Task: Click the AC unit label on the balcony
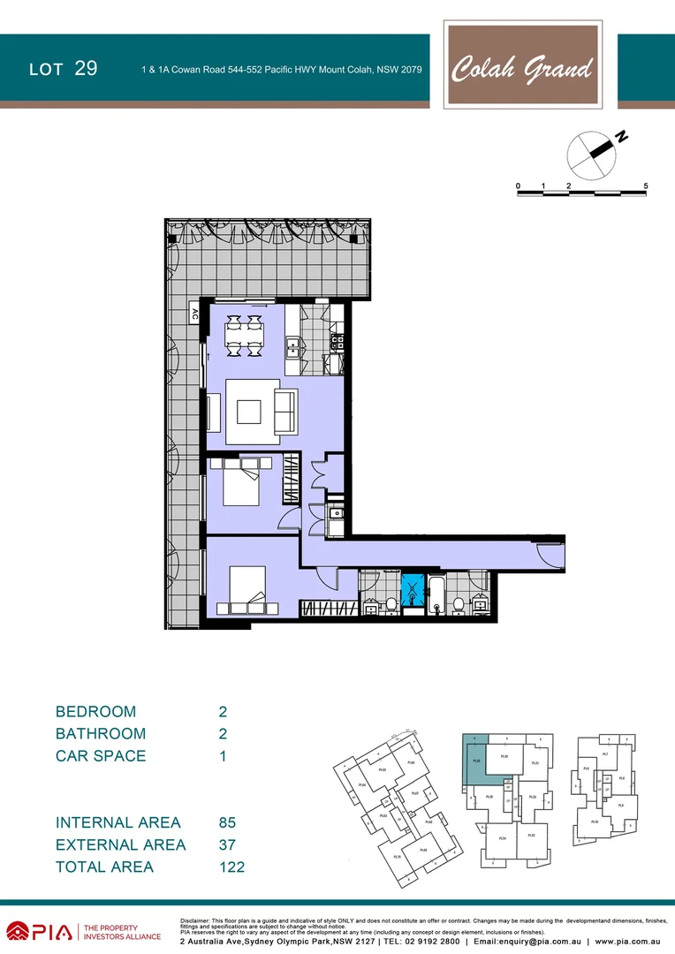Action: [194, 314]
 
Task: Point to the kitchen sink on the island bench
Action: [292, 346]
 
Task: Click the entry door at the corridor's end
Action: [550, 555]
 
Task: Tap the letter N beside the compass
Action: [622, 137]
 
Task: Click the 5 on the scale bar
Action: [647, 186]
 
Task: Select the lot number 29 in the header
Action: [86, 69]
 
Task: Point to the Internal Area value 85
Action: [227, 822]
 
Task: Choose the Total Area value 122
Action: [231, 867]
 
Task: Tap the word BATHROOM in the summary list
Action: [100, 733]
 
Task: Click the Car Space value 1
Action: [223, 756]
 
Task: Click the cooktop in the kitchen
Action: [337, 340]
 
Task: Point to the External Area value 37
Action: [227, 845]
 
